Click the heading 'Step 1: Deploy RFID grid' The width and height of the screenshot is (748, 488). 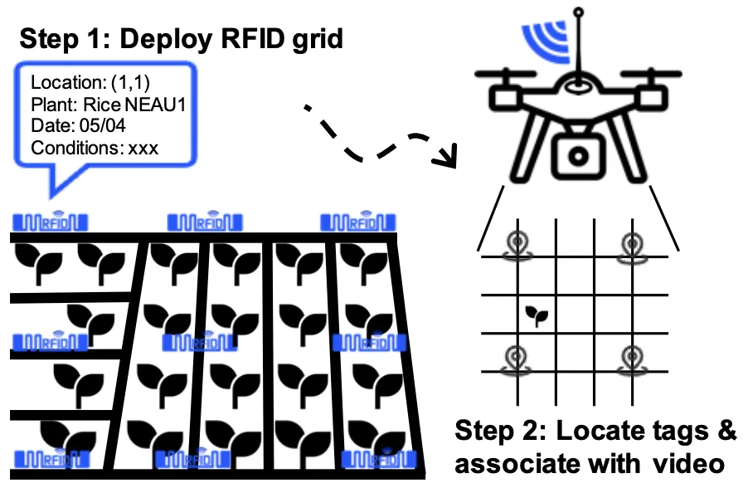click(x=181, y=38)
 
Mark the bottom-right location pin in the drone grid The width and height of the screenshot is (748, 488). click(x=633, y=358)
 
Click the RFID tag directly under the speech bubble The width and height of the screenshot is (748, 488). click(x=50, y=222)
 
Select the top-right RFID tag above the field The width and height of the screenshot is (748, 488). click(x=358, y=222)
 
